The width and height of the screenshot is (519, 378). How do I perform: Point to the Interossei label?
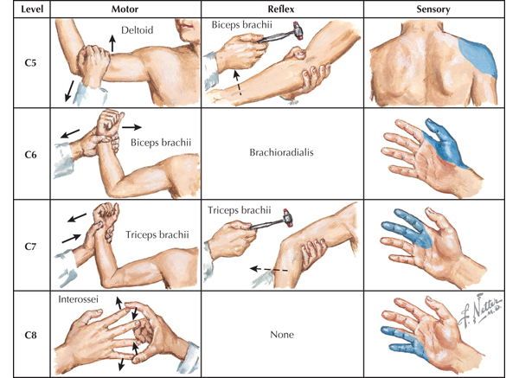[80, 300]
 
